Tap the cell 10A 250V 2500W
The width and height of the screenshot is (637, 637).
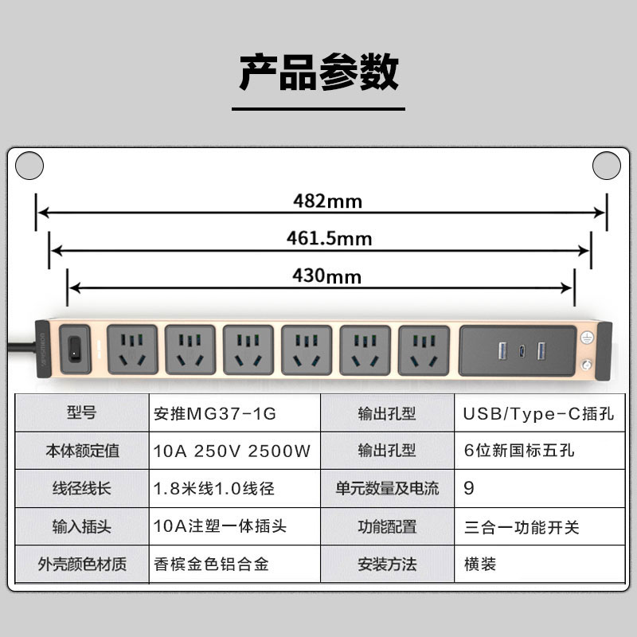(231, 451)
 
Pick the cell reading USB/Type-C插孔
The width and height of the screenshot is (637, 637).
(527, 413)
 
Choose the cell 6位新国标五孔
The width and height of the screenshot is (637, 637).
(518, 451)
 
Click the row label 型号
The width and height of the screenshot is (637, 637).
(81, 413)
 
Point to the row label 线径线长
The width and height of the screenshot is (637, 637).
(81, 488)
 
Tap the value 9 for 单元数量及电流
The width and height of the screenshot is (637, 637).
(469, 488)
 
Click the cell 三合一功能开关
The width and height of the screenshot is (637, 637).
(521, 526)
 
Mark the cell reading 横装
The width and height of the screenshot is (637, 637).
(480, 564)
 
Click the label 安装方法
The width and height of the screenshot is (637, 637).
(387, 564)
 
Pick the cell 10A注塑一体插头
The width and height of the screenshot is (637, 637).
(219, 526)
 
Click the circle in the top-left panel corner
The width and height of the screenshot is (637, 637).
(29, 165)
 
